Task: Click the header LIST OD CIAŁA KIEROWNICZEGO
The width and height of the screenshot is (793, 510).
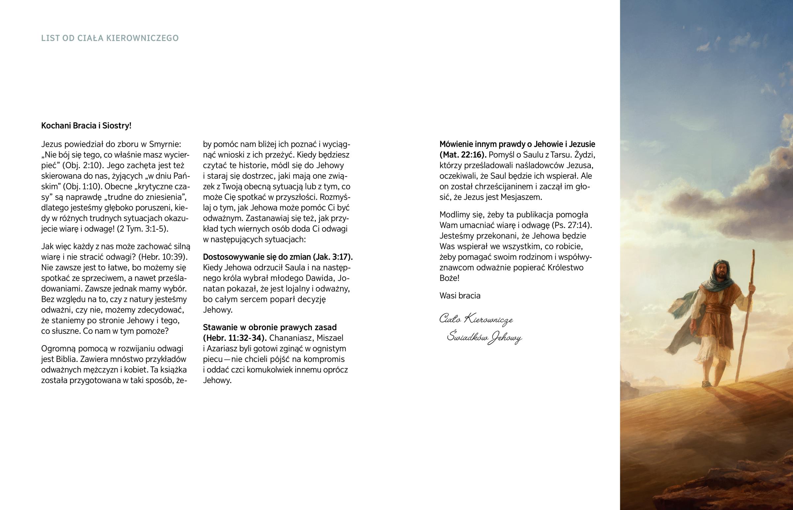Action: point(110,38)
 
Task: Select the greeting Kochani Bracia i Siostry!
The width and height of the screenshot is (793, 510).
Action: point(86,126)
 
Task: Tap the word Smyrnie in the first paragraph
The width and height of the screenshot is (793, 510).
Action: point(165,144)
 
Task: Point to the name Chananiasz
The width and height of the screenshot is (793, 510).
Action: point(292,338)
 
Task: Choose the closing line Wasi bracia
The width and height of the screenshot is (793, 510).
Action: point(460,296)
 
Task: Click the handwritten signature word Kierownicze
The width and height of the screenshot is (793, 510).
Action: point(488,319)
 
